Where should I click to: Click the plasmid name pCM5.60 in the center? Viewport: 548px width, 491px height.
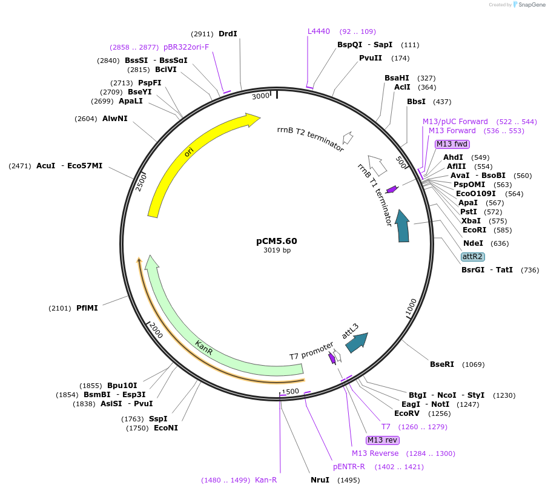coord(277,240)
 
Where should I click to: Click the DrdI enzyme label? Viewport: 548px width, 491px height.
coord(228,34)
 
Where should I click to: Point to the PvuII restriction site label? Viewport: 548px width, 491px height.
coord(370,58)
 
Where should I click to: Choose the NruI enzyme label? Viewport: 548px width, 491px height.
coord(320,480)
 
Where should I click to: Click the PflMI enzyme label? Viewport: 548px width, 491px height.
coord(87,308)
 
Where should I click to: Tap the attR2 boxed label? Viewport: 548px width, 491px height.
coord(472,257)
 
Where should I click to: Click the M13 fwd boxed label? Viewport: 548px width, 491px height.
coord(452,144)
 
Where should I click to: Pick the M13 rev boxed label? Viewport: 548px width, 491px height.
coord(383,440)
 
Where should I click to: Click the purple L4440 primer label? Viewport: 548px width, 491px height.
coord(319,31)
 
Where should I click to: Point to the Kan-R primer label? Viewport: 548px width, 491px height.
coord(266,480)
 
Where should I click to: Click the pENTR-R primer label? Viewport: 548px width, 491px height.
coord(349,467)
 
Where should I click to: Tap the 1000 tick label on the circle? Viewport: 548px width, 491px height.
coord(411,307)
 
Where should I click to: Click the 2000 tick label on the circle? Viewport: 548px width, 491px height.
coord(156,331)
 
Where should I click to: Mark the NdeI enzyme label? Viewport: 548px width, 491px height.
coord(473,243)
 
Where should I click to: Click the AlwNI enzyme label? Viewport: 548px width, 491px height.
coord(115,119)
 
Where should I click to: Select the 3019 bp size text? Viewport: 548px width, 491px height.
coord(277,250)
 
